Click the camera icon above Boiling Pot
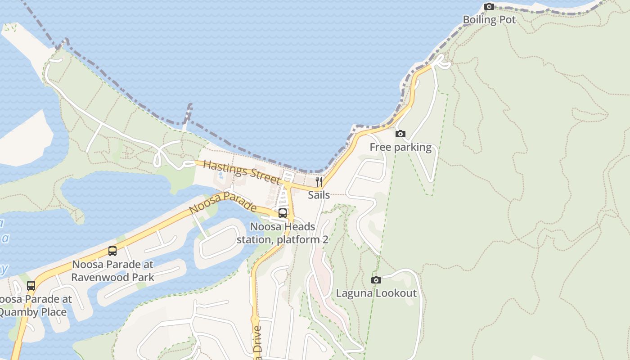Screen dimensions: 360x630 (x=489, y=7)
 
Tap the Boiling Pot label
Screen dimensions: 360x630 (x=489, y=20)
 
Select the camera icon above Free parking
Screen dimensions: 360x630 (x=400, y=134)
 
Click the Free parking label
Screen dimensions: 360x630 (x=400, y=147)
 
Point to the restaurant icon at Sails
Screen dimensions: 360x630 (x=319, y=182)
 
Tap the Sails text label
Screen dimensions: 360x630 (x=319, y=195)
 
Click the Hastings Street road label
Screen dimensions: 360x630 (x=242, y=171)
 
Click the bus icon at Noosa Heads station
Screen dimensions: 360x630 (x=283, y=213)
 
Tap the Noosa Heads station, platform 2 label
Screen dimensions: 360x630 (x=283, y=233)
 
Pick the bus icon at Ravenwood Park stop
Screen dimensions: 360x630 (x=112, y=251)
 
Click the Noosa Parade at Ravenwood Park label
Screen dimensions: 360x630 (x=112, y=270)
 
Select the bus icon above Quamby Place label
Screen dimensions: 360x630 (x=31, y=286)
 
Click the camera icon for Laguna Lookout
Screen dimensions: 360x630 (x=376, y=280)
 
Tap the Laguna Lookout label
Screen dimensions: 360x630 (x=376, y=293)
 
